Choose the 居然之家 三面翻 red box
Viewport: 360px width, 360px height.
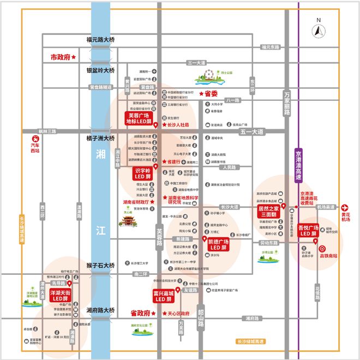(269, 210)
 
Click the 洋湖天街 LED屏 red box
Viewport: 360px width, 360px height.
(61, 296)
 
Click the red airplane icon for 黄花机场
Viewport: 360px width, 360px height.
(345, 207)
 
